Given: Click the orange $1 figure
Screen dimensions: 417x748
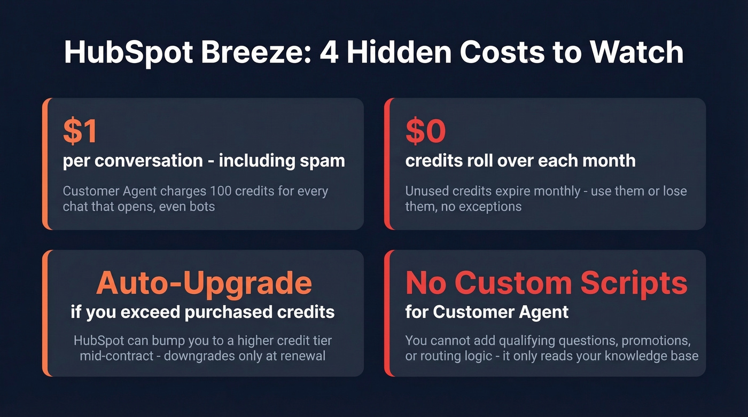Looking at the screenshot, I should click(x=80, y=131).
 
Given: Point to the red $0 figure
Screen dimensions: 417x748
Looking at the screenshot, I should click(x=426, y=131).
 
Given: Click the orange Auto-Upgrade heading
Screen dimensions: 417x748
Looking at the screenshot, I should click(x=204, y=284).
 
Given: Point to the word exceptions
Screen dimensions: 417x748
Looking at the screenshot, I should click(x=489, y=206).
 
